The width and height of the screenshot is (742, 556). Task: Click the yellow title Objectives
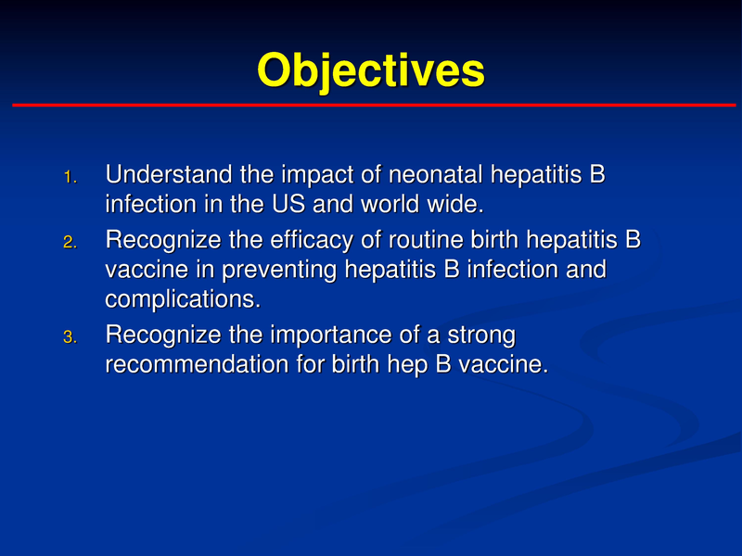point(370,71)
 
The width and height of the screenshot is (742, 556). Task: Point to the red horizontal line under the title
point(371,106)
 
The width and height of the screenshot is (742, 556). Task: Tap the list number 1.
point(71,176)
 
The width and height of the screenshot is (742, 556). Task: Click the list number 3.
point(71,338)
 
